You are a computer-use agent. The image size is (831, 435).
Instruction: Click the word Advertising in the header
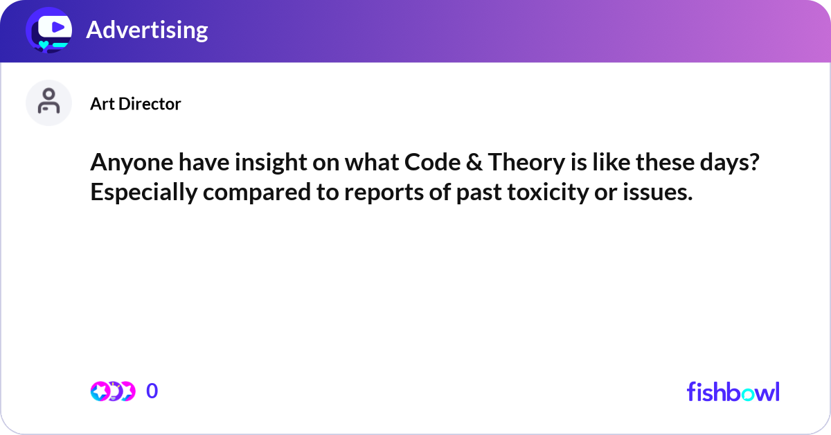pos(147,30)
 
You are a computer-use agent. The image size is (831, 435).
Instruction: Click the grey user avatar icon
pos(48,103)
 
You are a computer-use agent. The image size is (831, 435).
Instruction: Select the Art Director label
pos(135,104)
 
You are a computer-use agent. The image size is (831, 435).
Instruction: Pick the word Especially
pos(143,193)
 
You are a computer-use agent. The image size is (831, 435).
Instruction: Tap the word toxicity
pos(536,193)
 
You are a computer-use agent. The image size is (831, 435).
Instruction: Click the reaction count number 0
pos(152,391)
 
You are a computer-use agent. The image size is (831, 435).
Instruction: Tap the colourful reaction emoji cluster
pos(112,391)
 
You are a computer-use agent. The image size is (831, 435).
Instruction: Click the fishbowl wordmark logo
pos(733,391)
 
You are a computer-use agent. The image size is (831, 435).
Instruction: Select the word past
pos(475,193)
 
